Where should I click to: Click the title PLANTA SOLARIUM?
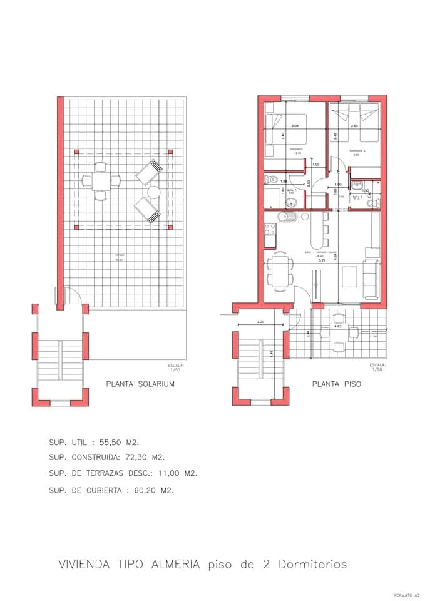click(140, 384)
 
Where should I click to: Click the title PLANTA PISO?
click(336, 384)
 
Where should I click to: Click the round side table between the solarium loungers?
click(154, 192)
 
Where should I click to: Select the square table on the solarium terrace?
click(100, 182)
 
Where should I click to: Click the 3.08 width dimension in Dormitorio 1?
click(295, 126)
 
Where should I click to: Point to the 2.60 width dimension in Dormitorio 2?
click(354, 126)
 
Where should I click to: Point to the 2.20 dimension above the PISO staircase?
click(260, 322)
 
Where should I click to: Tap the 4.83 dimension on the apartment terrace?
click(337, 326)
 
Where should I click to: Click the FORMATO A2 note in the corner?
click(406, 595)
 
